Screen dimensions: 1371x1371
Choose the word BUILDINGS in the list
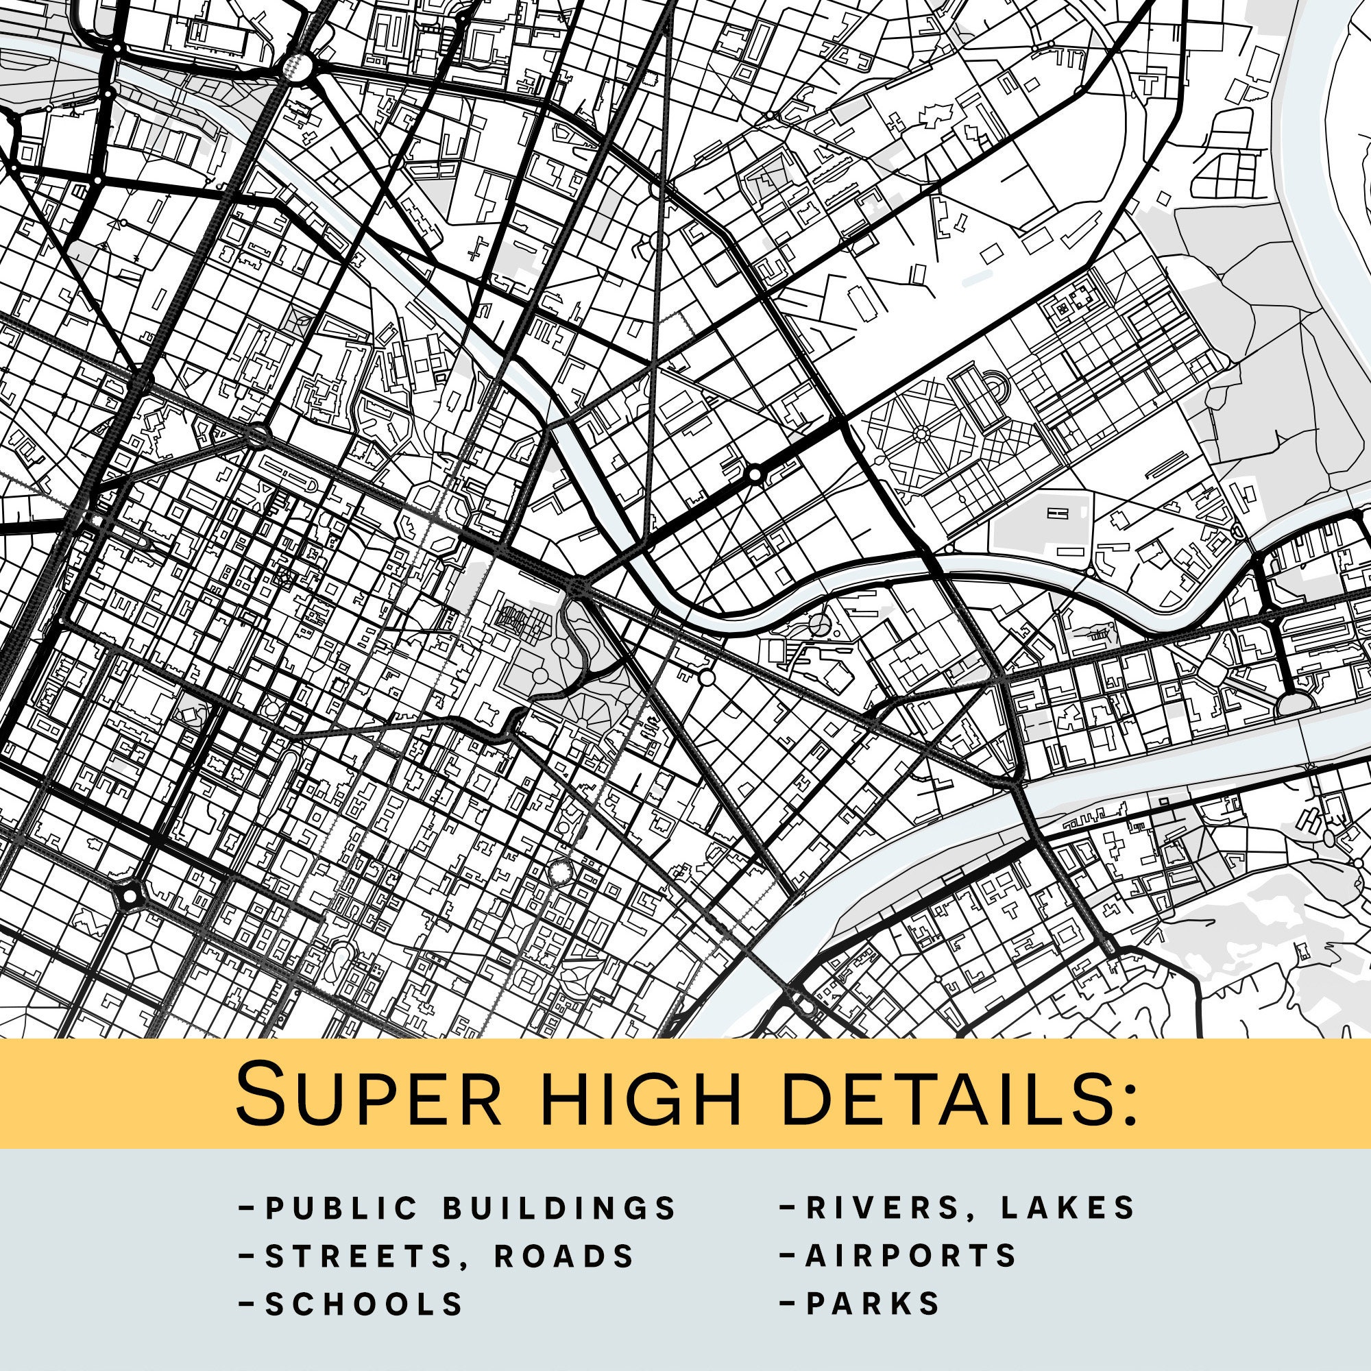tap(559, 1209)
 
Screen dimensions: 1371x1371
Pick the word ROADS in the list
tap(563, 1257)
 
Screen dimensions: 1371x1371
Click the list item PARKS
tap(873, 1303)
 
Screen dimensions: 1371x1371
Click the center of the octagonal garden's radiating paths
tap(922, 432)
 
